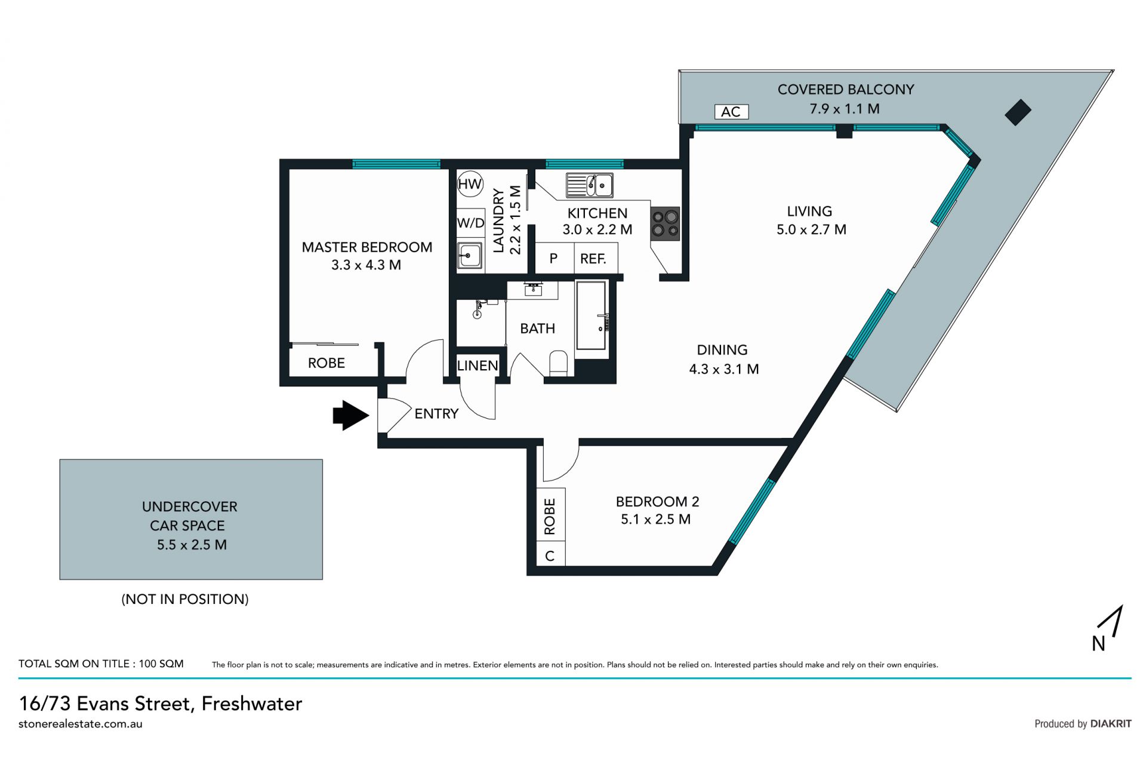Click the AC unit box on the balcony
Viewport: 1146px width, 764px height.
[x=731, y=112]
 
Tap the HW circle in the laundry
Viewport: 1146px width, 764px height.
[x=470, y=184]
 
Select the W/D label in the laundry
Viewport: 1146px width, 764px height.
[x=470, y=223]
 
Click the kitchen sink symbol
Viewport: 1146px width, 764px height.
[x=590, y=185]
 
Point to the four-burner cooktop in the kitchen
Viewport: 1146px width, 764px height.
[x=665, y=223]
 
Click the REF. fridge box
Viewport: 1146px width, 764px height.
[x=593, y=259]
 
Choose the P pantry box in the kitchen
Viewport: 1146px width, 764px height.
[x=554, y=259]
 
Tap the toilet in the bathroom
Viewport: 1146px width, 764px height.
[x=558, y=364]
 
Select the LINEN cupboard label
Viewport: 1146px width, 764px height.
[x=478, y=366]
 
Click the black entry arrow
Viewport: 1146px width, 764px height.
[x=351, y=415]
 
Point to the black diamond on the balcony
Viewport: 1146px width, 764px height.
[x=1018, y=112]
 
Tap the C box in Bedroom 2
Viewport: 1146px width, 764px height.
[x=550, y=556]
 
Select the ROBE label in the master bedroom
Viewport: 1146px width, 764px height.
[x=326, y=363]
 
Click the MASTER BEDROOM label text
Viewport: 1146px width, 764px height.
[x=367, y=247]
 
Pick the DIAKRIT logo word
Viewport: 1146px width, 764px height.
[x=1111, y=723]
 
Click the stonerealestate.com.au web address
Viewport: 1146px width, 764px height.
[x=81, y=723]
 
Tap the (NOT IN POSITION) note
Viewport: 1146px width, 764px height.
[x=185, y=599]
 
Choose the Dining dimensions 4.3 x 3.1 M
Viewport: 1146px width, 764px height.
[x=724, y=369]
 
